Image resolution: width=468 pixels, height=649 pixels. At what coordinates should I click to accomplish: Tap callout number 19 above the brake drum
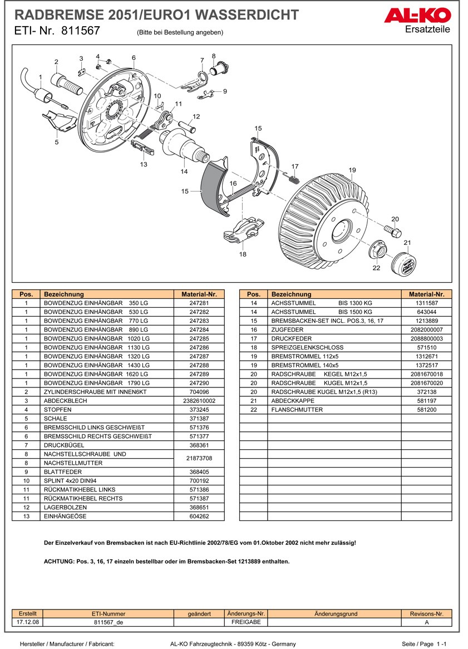tap(352, 170)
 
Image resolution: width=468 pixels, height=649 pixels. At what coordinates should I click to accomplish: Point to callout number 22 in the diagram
tap(376, 268)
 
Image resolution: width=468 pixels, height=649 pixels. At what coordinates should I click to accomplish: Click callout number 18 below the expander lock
tap(243, 254)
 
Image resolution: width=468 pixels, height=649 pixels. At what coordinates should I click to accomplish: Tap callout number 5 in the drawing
tap(56, 142)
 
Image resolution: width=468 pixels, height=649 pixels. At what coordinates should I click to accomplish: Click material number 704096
tap(199, 392)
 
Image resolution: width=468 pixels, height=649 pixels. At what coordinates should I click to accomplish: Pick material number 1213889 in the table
tap(426, 321)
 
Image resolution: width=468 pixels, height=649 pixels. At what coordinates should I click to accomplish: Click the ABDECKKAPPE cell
tap(293, 401)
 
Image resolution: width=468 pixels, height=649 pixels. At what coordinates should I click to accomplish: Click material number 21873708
tap(199, 458)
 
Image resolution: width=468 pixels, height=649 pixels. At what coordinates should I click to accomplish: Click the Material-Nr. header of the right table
tap(426, 294)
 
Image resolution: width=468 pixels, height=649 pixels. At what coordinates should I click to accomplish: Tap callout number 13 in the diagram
tap(144, 164)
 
